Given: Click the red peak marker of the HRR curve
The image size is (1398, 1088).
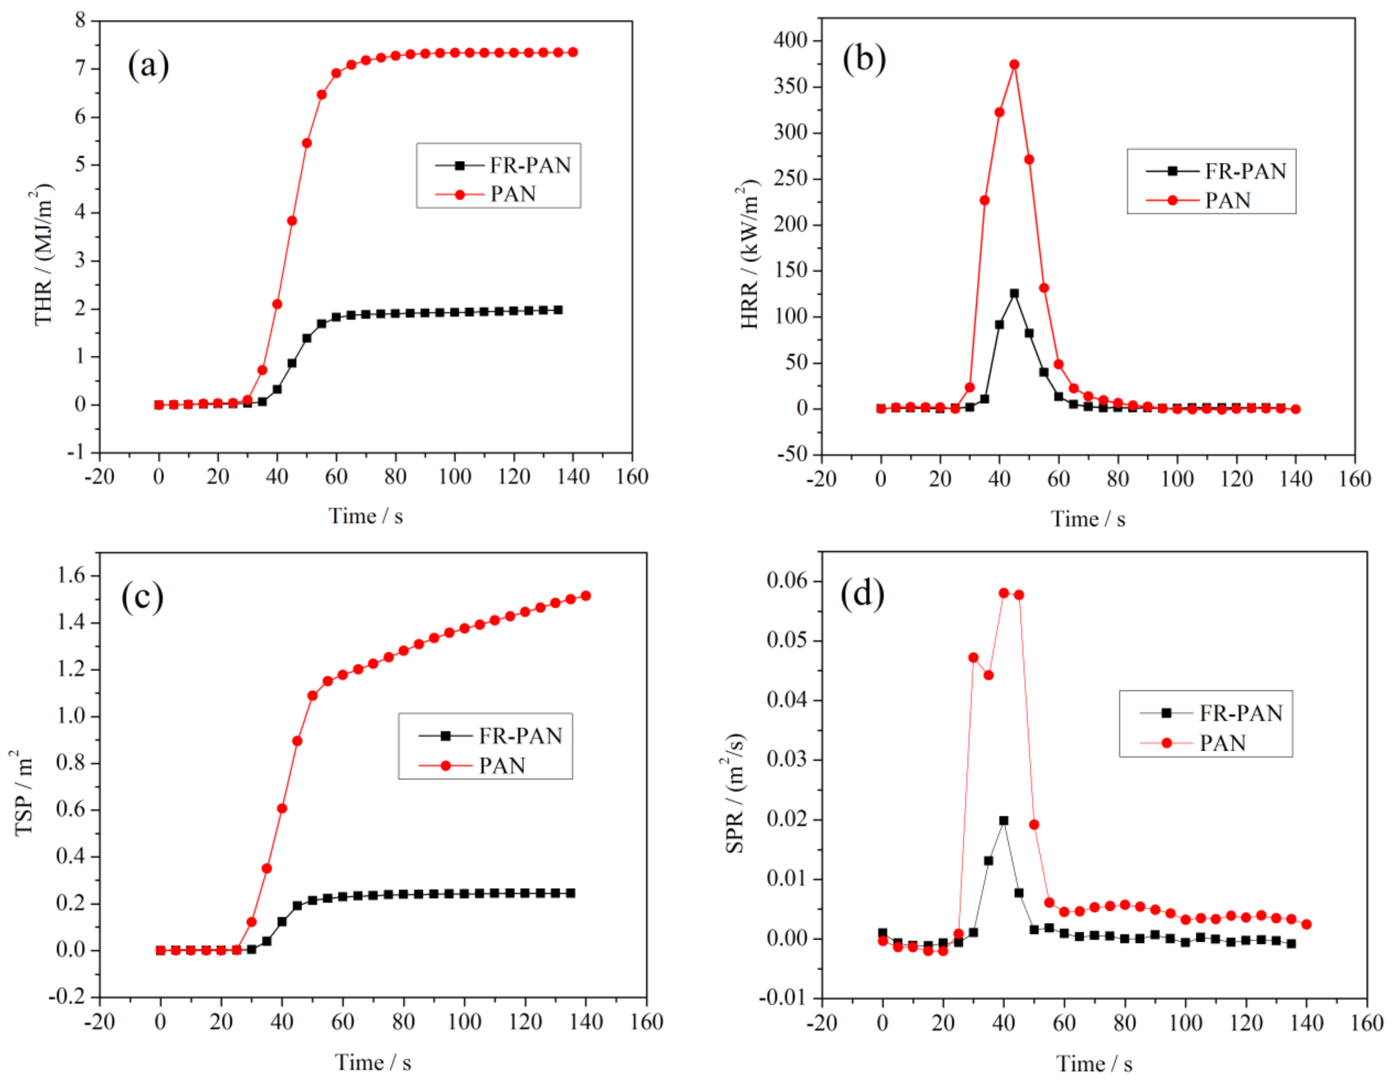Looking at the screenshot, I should tap(1014, 65).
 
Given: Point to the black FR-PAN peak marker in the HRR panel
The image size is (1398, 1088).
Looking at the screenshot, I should tap(1014, 293).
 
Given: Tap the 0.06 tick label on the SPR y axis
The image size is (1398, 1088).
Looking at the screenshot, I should tap(789, 581).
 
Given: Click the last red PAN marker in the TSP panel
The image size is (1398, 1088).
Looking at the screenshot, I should tap(586, 595).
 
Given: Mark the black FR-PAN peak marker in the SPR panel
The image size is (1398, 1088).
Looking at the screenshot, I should tap(1004, 820).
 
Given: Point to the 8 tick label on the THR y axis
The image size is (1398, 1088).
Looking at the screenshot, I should tap(80, 21).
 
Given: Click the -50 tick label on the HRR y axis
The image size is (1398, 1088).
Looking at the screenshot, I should tap(793, 454).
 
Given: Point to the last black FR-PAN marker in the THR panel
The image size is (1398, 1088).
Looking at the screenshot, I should tap(558, 310).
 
